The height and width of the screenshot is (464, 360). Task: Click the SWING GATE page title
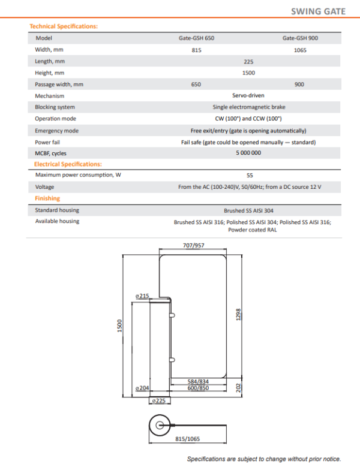click(318, 11)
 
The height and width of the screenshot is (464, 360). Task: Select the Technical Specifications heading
click(64, 26)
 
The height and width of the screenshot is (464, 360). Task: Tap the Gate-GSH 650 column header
click(196, 38)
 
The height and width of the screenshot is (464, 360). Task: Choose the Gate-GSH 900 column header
click(300, 38)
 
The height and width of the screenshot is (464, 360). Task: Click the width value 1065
click(300, 50)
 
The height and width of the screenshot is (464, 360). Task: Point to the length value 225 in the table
click(248, 61)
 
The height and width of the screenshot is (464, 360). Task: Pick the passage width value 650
click(196, 85)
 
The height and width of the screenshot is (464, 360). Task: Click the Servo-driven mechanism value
click(248, 96)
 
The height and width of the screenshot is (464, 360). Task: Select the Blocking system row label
click(55, 107)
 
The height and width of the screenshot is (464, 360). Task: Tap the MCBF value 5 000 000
click(248, 153)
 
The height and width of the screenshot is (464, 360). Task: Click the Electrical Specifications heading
click(68, 164)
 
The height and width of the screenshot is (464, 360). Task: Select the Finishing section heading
click(47, 198)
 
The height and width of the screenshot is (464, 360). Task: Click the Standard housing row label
click(57, 210)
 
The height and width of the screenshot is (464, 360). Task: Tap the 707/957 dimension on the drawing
click(193, 245)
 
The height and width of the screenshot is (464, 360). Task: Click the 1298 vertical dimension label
click(238, 314)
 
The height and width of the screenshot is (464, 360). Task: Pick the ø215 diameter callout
click(142, 296)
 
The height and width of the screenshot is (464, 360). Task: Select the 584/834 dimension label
click(197, 381)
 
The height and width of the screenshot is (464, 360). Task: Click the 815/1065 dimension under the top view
click(188, 438)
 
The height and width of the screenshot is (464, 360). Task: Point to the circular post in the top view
click(160, 425)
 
